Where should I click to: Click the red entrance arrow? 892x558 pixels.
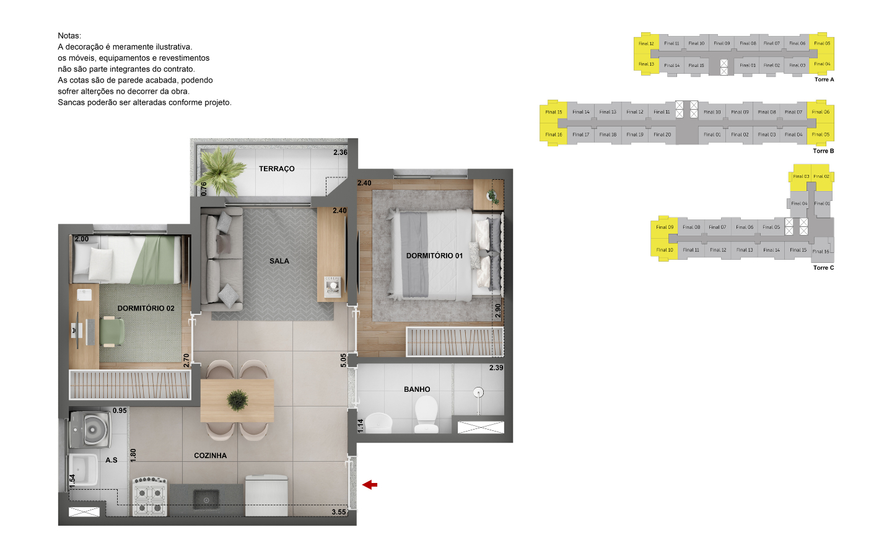pos(370,485)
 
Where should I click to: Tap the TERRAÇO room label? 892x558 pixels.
pos(276,169)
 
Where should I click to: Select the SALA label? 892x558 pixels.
pos(279,261)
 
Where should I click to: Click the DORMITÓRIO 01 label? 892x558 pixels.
pos(434,255)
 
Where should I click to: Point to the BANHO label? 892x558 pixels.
pos(417,389)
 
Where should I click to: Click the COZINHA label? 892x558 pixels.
pos(210,456)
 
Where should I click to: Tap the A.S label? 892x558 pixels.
pos(111,460)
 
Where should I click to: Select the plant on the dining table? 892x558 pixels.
pos(237,400)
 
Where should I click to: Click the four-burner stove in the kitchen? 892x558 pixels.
pos(150,497)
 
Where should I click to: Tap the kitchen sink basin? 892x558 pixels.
pos(206,499)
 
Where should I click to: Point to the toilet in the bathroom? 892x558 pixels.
pos(426,414)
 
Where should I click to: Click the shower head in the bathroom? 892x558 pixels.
pos(478,392)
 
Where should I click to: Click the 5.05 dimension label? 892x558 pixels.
pos(343,360)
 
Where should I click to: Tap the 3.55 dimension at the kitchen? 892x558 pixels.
pos(339,512)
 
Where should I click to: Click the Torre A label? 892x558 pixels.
pos(824,79)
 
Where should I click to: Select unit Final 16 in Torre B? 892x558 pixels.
pos(553,135)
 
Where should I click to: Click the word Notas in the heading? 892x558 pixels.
pos(69,36)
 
